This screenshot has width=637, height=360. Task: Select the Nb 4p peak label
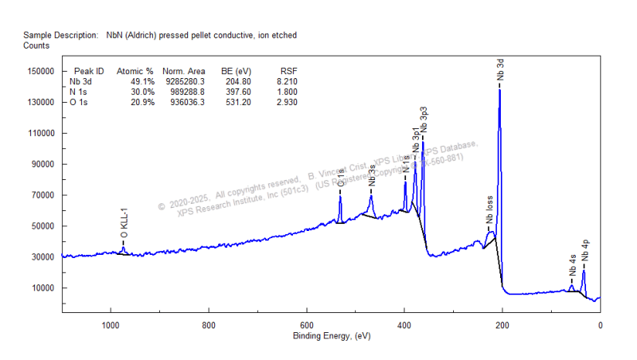585,250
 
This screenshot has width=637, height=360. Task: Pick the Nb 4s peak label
573,265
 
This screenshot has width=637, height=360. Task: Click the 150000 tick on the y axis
39,72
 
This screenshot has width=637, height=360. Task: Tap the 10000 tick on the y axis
41,288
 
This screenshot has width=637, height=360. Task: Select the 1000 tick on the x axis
110,325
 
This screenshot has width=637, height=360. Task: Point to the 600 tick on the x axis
306,325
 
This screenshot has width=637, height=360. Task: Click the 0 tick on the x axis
600,325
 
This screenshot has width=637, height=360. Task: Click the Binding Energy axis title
331,336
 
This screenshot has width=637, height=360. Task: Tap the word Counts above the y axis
37,46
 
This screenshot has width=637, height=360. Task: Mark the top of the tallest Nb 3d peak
499,88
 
